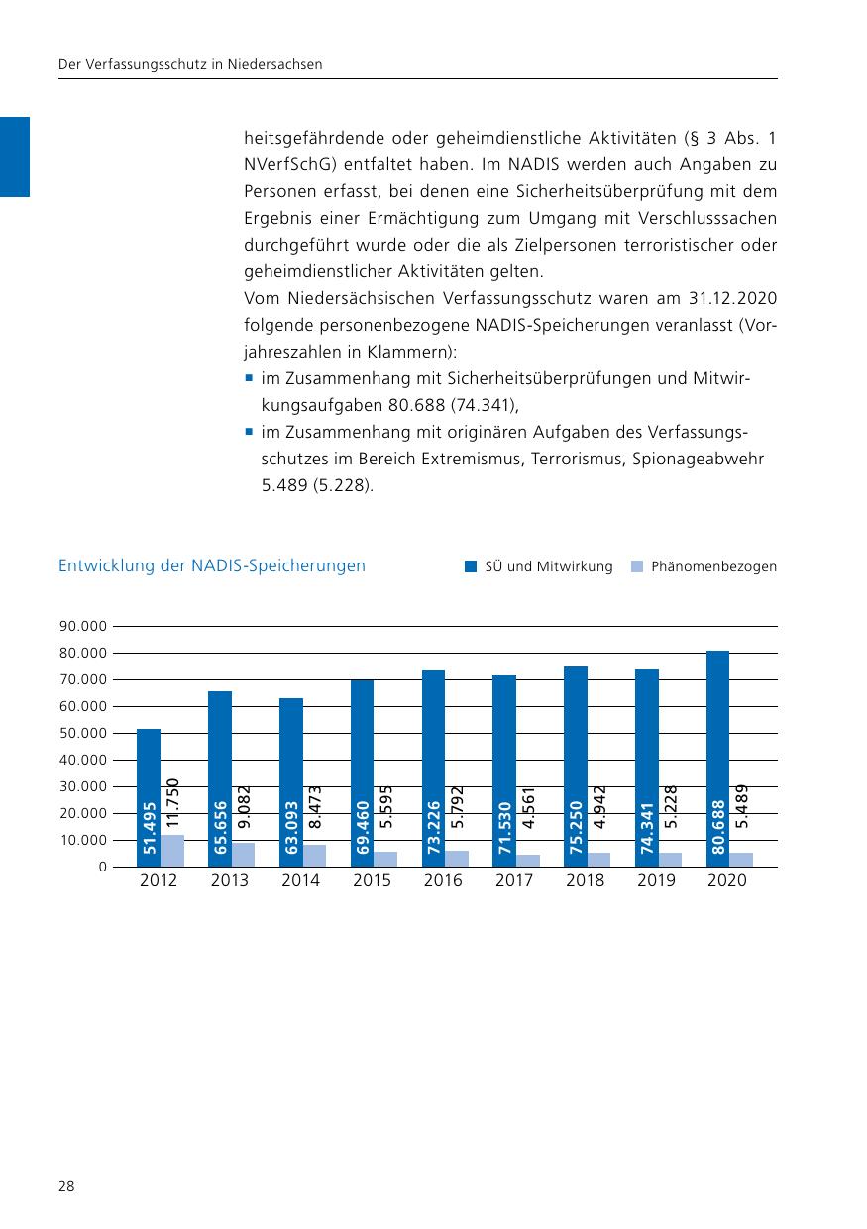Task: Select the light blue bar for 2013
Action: (243, 855)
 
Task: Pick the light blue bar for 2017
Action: (527, 861)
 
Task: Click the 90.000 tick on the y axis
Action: (83, 627)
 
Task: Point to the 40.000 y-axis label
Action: (83, 761)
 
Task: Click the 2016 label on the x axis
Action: (443, 881)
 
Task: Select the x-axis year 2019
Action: (656, 881)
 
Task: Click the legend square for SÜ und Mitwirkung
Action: (472, 567)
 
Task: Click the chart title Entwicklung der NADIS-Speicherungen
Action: (212, 566)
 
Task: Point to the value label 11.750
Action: (172, 804)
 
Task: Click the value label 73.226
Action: (434, 827)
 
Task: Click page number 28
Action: (66, 1186)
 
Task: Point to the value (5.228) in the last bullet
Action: (347, 486)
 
